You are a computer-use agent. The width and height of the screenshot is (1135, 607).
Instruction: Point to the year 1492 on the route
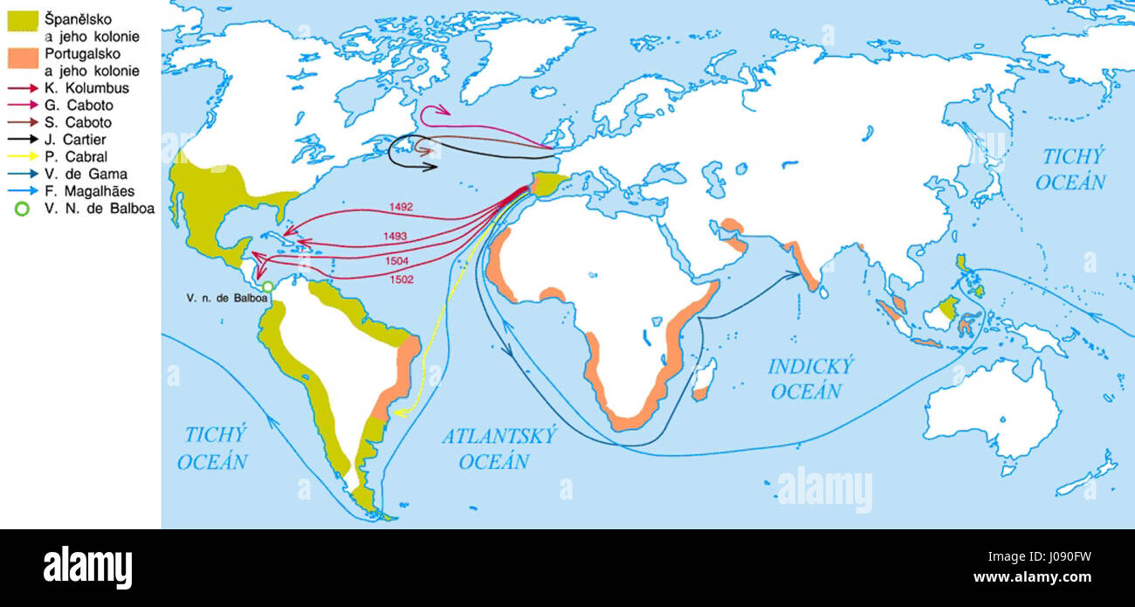[402, 207]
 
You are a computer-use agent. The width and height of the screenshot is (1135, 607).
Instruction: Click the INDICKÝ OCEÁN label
[810, 378]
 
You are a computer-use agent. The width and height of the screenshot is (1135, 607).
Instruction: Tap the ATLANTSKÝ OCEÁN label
[498, 448]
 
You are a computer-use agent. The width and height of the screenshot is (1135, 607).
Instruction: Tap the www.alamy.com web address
[1061, 578]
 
